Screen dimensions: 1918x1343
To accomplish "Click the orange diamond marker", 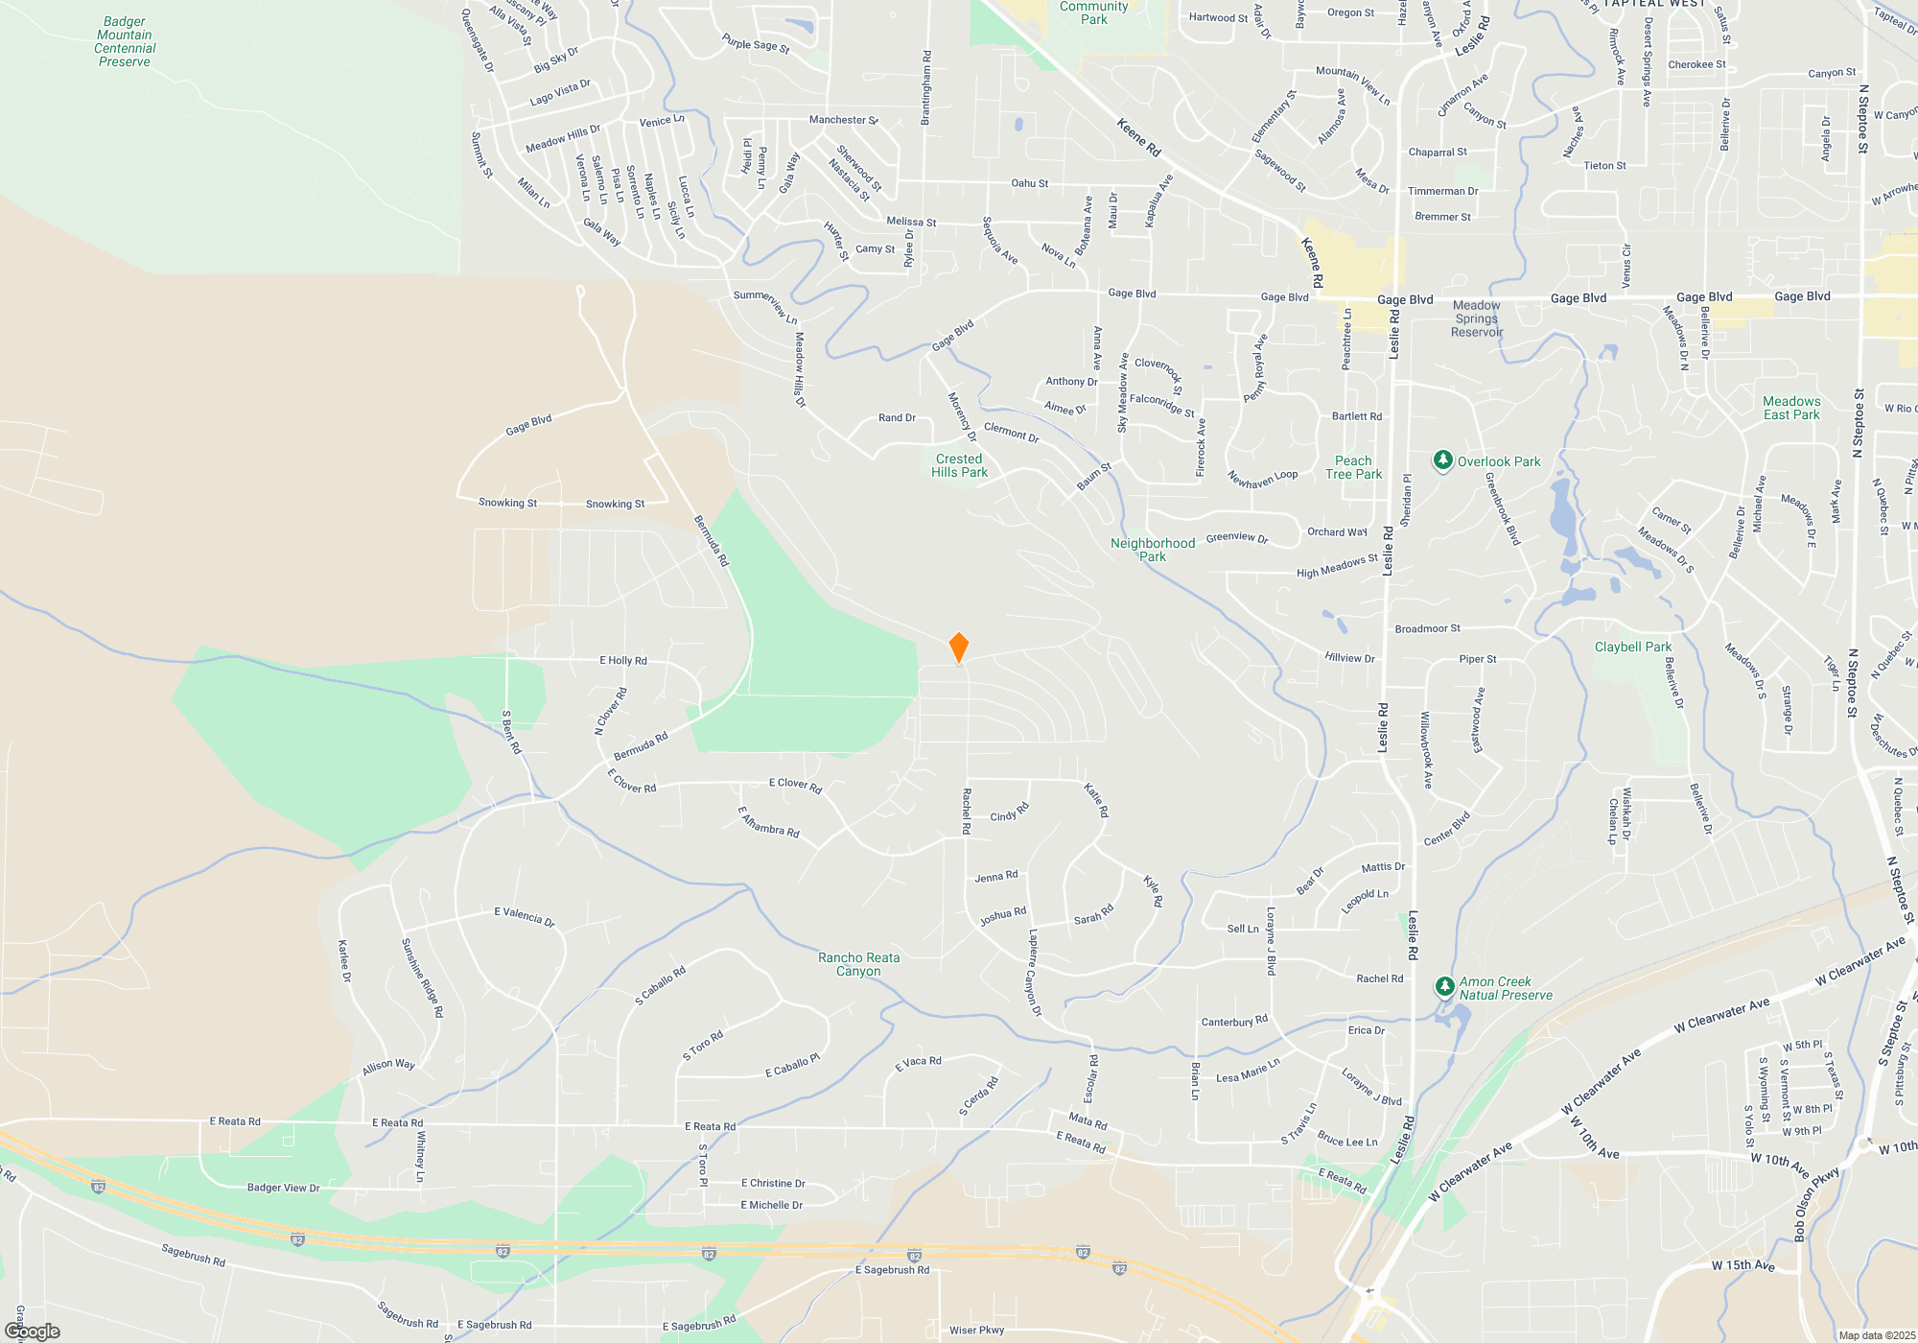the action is (x=958, y=648).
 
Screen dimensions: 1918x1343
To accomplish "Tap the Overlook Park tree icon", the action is (x=1443, y=460).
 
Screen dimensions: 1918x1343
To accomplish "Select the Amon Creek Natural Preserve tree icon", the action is (x=1444, y=986).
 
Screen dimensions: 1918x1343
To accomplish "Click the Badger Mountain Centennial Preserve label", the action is (x=125, y=41).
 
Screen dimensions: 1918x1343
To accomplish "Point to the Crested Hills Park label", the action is (x=959, y=465).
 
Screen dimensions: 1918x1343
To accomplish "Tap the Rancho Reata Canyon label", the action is (x=858, y=964).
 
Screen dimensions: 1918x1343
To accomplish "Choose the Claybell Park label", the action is (x=1632, y=647).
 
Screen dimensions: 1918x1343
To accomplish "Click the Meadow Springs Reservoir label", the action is (x=1477, y=318).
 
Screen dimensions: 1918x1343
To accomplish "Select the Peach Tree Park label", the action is (x=1353, y=467).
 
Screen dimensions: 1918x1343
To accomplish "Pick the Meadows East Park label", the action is (x=1791, y=408).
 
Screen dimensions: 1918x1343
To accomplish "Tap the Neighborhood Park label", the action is (x=1153, y=550).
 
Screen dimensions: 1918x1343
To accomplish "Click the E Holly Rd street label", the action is (x=623, y=660).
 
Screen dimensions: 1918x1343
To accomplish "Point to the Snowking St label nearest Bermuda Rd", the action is (x=615, y=504).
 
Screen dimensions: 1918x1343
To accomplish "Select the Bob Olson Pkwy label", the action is (x=1817, y=1203).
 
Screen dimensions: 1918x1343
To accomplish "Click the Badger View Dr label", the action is (x=284, y=1188).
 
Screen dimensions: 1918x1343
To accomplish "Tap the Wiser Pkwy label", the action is (x=976, y=1330).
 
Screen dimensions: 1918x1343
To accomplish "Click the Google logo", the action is (x=33, y=1331).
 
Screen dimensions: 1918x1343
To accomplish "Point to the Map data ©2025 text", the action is (x=1877, y=1335).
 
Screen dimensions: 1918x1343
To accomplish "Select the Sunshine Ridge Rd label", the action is (x=422, y=978).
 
